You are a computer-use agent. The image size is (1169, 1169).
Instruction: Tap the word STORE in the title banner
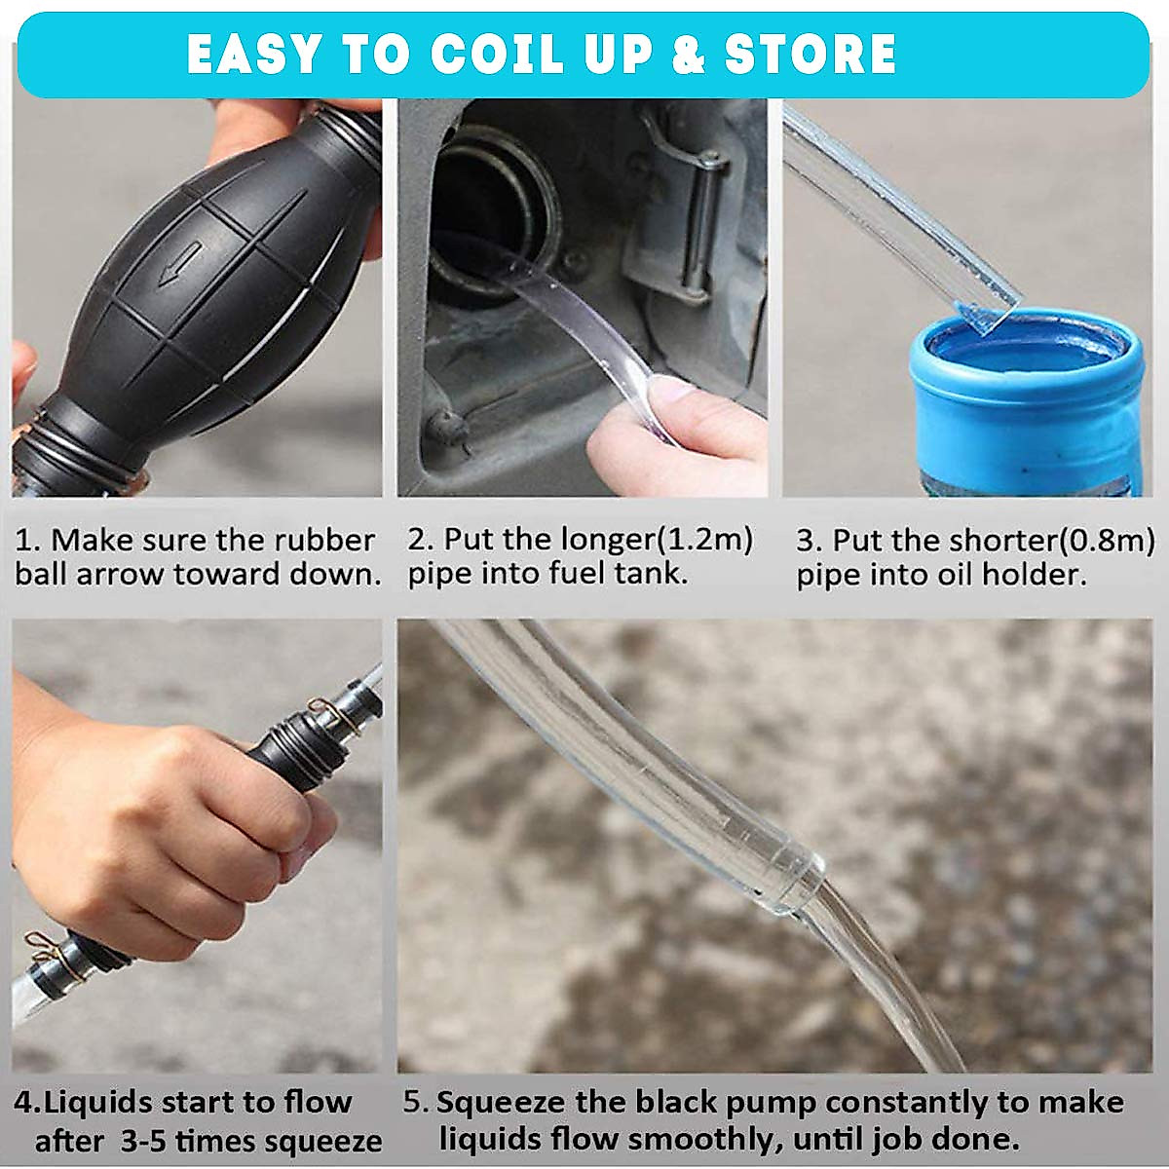(810, 55)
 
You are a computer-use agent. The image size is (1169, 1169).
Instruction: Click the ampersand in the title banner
(688, 55)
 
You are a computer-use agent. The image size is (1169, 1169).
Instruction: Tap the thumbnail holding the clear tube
(671, 395)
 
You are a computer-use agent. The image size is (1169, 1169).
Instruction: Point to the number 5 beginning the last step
(413, 1103)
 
